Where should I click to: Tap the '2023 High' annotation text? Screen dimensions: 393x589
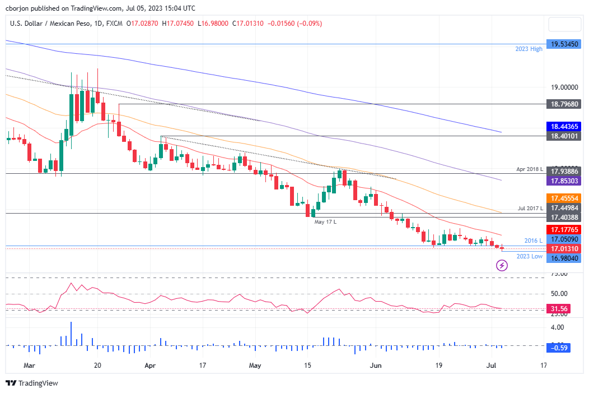click(529, 49)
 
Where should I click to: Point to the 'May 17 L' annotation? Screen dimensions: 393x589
click(326, 222)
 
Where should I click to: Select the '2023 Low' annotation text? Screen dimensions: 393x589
click(529, 256)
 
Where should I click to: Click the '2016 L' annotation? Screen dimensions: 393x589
click(533, 241)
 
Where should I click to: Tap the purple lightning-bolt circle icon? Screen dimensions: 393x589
click(502, 266)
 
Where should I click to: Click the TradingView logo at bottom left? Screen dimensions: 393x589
click(32, 383)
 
